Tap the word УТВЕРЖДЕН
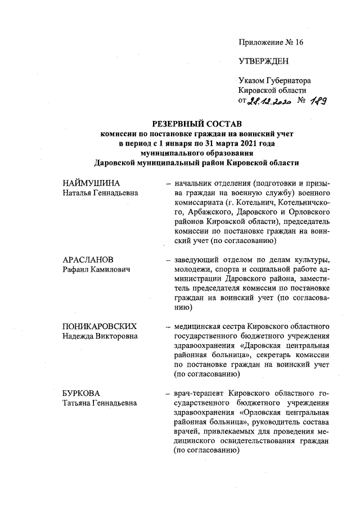(263, 61)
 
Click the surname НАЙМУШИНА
(92, 184)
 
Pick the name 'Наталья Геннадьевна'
(100, 193)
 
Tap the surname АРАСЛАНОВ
(88, 259)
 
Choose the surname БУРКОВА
(82, 393)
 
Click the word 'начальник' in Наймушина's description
(195, 184)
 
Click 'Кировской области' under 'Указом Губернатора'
(272, 91)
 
